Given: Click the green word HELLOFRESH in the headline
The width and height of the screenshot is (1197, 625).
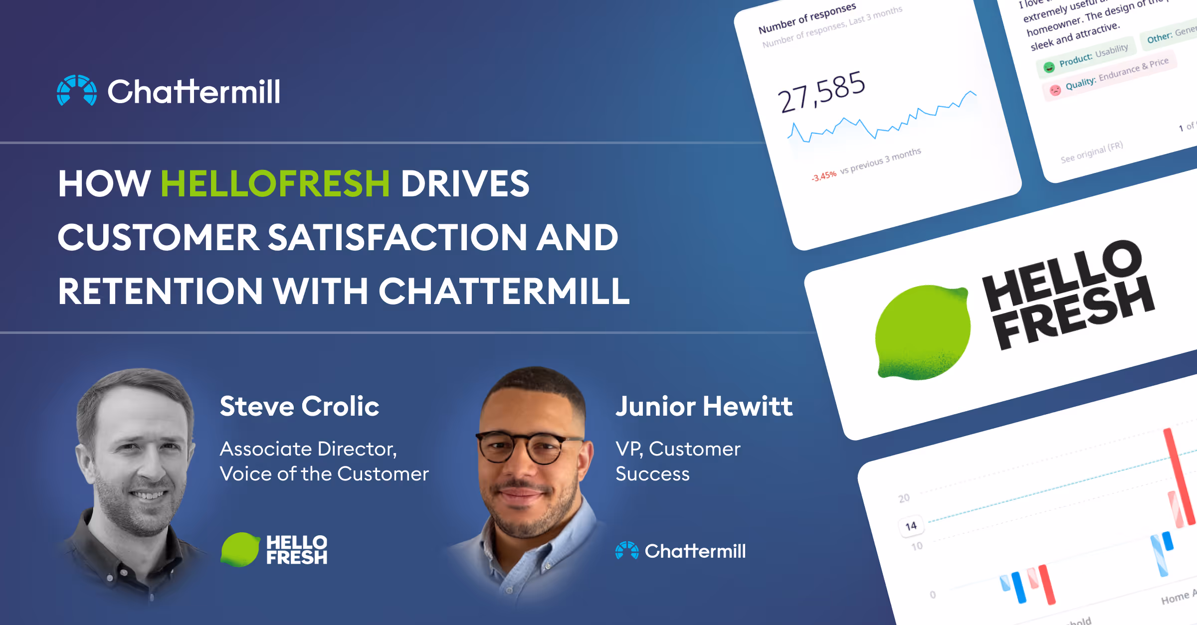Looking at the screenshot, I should click(x=275, y=184).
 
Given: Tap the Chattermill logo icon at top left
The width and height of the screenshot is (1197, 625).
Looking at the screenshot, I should click(x=76, y=91).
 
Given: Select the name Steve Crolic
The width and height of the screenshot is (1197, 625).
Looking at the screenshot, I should click(x=299, y=406).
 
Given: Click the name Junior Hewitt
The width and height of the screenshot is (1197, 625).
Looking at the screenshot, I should click(x=704, y=406).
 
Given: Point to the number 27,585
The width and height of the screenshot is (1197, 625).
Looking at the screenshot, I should click(x=821, y=92).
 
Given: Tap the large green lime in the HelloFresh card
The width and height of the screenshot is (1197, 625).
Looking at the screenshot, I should click(x=923, y=332).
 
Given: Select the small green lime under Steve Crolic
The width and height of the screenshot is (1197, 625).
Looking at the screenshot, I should click(x=240, y=550).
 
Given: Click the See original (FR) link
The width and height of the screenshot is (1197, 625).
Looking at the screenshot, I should click(x=1091, y=152).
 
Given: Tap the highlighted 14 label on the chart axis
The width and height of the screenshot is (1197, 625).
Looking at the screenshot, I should click(x=911, y=526).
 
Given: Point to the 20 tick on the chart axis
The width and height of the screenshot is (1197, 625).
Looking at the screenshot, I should click(x=904, y=498).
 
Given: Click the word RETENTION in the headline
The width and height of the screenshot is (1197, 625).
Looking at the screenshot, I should click(x=160, y=292).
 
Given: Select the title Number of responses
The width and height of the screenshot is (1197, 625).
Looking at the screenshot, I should click(x=806, y=18).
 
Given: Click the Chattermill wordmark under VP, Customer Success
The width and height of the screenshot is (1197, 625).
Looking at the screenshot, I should click(x=695, y=551).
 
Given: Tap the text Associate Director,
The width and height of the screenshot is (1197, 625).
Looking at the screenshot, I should click(x=308, y=449).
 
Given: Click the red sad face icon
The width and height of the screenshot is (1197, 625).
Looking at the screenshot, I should click(x=1055, y=90).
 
